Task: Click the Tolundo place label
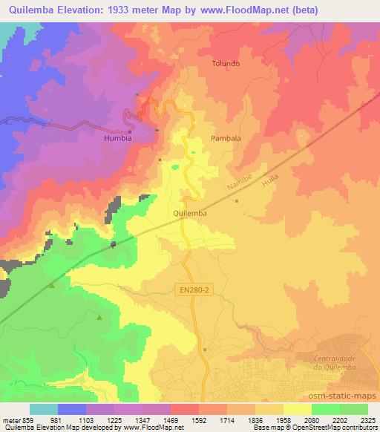point(226,64)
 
